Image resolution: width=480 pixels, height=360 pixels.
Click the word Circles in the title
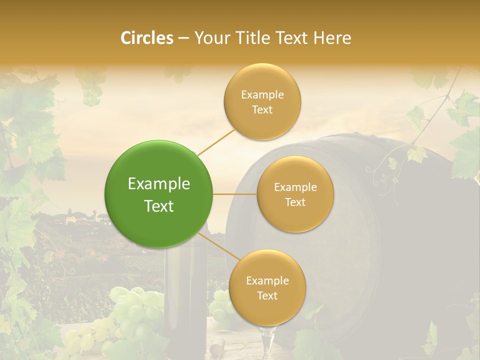tap(146, 38)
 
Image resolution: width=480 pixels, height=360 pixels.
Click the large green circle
tap(158, 194)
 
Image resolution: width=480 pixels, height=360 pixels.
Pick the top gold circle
tap(262, 102)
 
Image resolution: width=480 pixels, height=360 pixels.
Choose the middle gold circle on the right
tap(295, 194)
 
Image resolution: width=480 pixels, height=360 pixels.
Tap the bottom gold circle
tap(267, 288)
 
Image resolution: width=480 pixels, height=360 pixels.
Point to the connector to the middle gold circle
tap(234, 194)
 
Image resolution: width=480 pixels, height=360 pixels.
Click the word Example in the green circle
tap(158, 184)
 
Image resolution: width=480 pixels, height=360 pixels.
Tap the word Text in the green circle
tap(158, 206)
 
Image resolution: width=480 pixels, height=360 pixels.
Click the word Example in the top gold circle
tap(262, 95)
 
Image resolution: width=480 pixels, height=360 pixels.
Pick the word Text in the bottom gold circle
tap(267, 295)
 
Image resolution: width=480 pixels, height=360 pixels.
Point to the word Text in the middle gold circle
tap(295, 202)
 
